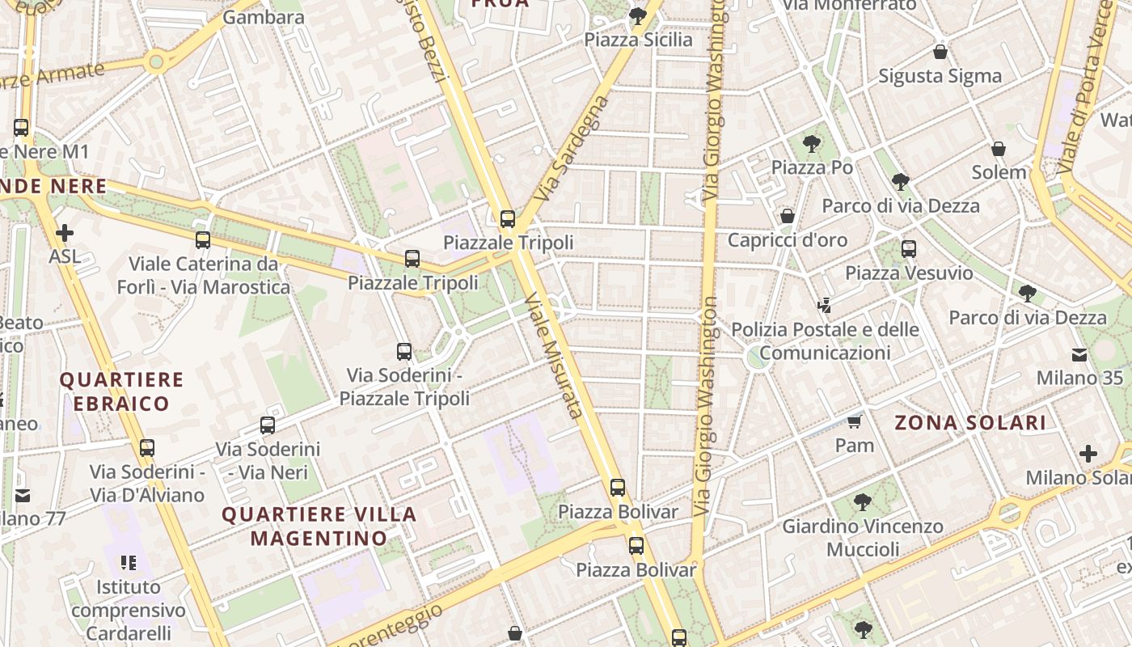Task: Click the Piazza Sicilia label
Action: [638, 40]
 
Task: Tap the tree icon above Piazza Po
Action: [812, 145]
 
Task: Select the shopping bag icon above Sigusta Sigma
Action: [940, 52]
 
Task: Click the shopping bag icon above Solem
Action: [999, 149]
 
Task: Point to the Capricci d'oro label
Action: [787, 240]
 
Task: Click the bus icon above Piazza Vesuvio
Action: [909, 248]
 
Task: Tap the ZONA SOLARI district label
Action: [970, 422]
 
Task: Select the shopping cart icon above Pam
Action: [855, 421]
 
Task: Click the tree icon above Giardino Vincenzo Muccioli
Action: [863, 502]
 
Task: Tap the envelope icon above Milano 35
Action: [1079, 354]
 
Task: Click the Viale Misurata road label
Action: [553, 356]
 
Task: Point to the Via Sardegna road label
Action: [571, 149]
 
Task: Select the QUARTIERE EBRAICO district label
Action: [121, 391]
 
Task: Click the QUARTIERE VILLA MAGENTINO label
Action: [319, 526]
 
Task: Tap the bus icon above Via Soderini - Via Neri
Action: [268, 425]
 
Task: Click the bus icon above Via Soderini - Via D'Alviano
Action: [146, 447]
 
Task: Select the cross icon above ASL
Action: [65, 233]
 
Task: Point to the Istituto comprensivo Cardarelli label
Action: [129, 609]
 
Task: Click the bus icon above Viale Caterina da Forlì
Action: [203, 239]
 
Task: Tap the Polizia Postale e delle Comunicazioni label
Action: [825, 340]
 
